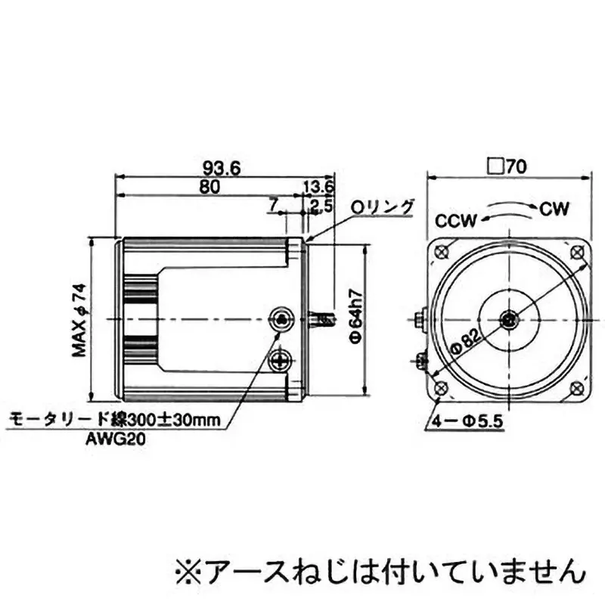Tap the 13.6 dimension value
click(318, 186)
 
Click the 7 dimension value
click(273, 204)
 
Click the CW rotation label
click(555, 207)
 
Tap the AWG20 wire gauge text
click(114, 436)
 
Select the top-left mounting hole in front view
click(442, 251)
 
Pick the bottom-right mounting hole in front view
click(577, 388)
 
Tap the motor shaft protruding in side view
click(323, 320)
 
